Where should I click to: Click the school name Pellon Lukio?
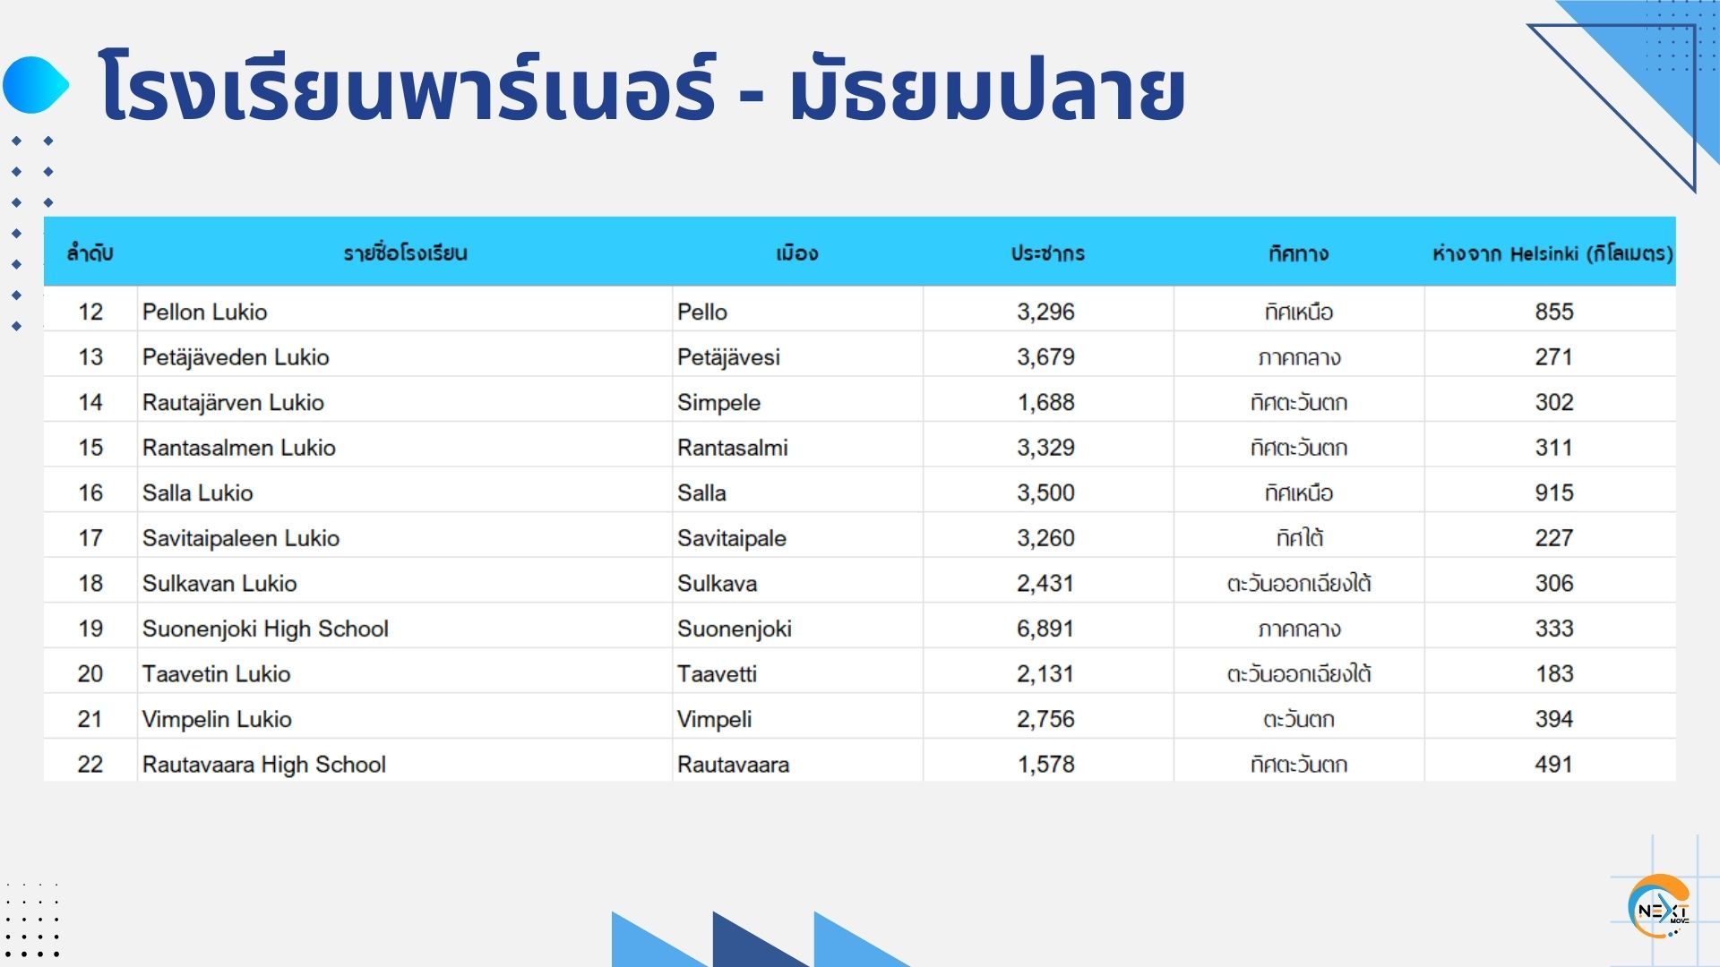(x=204, y=312)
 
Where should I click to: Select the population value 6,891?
(x=1045, y=629)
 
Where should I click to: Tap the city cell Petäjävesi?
(x=728, y=357)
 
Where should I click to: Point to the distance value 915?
(x=1554, y=492)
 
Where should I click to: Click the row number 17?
(x=90, y=538)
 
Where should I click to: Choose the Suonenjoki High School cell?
(x=265, y=629)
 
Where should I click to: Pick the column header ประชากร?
(x=1047, y=253)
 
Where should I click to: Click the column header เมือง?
(x=796, y=253)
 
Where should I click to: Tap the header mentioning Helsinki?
(x=1552, y=253)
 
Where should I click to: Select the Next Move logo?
(x=1660, y=907)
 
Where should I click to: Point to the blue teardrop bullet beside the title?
(x=36, y=85)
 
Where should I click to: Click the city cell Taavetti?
(x=717, y=674)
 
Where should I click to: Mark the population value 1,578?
(x=1045, y=765)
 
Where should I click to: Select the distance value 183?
(x=1554, y=674)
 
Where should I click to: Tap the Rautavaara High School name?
(x=264, y=765)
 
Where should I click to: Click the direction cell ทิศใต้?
(x=1299, y=538)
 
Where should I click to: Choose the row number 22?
(x=90, y=765)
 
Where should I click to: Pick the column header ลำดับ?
(x=90, y=253)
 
